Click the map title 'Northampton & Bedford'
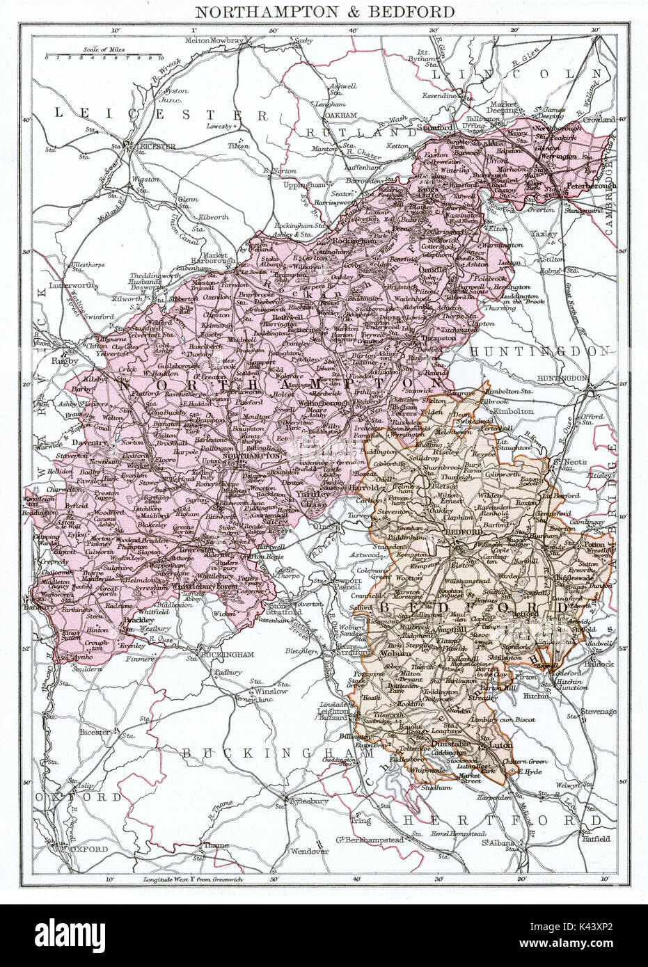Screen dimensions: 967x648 click(x=324, y=11)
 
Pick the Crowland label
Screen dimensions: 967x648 click(x=599, y=120)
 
